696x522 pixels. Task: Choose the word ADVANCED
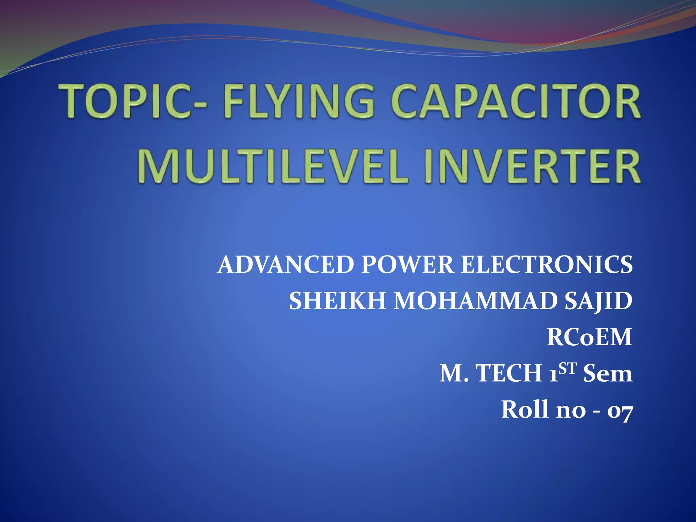[286, 265]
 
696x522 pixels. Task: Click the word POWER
[407, 265]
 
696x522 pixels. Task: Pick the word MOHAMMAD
[474, 301]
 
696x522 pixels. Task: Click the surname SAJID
[598, 301]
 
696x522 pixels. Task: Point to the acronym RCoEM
[589, 337]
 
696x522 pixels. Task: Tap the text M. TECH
[491, 373]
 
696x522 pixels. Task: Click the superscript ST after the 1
[568, 368]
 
